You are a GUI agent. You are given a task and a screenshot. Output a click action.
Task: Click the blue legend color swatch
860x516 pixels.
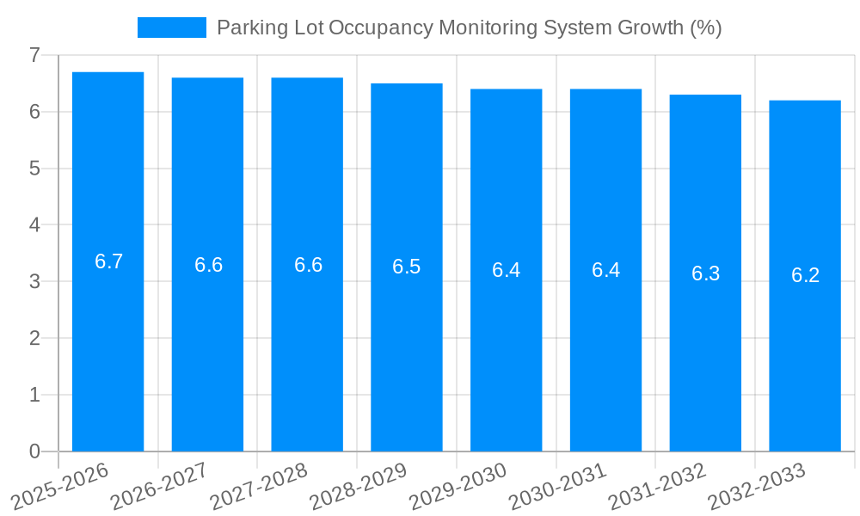click(171, 28)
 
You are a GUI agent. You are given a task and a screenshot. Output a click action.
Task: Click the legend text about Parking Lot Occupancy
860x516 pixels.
click(469, 28)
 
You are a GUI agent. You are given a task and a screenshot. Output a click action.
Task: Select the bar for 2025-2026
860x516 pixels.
click(107, 344)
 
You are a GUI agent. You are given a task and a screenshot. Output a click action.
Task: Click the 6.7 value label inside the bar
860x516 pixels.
click(109, 261)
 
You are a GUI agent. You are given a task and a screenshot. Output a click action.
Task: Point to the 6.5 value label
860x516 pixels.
click(407, 267)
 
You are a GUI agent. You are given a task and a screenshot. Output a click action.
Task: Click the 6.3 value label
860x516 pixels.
click(705, 273)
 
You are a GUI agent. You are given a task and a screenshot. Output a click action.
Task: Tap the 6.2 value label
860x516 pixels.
click(805, 275)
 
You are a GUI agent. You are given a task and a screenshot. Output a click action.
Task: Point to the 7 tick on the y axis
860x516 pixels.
click(34, 55)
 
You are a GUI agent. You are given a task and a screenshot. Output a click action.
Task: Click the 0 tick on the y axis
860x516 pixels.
click(34, 451)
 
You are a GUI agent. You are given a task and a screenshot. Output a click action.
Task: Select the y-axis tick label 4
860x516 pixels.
click(34, 225)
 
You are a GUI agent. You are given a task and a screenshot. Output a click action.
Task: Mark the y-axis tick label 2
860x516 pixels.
click(34, 338)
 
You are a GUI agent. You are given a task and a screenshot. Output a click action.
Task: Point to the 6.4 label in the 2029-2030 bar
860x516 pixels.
click(506, 270)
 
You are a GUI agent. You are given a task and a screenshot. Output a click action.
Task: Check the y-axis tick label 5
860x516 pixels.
click(34, 169)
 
